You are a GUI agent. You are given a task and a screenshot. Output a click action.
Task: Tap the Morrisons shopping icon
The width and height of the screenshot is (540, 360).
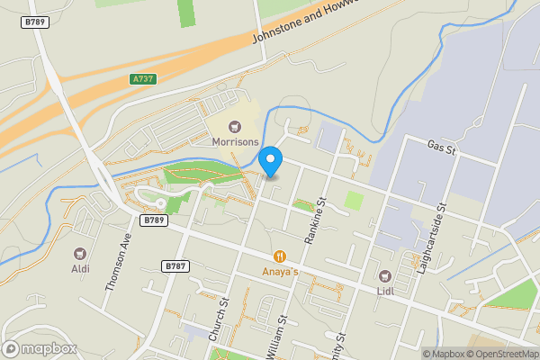[x=236, y=127]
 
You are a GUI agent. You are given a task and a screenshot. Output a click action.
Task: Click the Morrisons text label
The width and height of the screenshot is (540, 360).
[x=236, y=142]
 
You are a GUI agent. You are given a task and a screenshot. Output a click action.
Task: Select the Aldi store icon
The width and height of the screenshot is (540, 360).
[x=80, y=254]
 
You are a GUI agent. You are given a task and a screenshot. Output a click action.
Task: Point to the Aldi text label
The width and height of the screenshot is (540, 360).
[x=80, y=268]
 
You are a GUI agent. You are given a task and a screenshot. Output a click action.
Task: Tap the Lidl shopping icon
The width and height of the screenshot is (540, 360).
[x=385, y=274]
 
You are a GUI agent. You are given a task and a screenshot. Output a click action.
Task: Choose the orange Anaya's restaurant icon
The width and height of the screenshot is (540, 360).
[x=280, y=256]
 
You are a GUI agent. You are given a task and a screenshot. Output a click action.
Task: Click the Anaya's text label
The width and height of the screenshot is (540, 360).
[x=280, y=271]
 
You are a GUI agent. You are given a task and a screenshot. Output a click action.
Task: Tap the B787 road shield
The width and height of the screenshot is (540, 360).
[x=175, y=266]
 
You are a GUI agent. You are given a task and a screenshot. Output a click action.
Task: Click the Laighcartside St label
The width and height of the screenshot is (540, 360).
[x=430, y=238]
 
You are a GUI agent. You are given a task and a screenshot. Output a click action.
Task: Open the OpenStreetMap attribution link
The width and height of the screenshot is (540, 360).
[x=499, y=354]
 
